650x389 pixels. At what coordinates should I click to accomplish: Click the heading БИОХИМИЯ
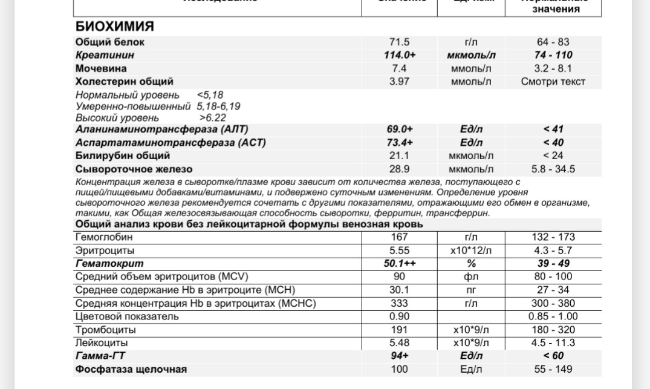114,27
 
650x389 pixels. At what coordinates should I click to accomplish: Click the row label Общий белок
110,42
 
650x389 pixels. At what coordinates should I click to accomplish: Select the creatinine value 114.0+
399,55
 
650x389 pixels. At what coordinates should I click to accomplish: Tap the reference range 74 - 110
553,55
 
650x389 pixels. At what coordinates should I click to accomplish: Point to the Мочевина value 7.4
399,68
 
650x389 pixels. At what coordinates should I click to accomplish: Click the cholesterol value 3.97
399,81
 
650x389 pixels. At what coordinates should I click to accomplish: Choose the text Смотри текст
553,81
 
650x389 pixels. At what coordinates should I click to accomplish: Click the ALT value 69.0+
399,129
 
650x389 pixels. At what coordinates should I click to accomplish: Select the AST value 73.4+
399,143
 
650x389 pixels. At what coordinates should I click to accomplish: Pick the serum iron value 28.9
399,169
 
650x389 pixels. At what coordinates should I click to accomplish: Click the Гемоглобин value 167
399,237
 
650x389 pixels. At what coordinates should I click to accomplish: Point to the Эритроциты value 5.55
399,250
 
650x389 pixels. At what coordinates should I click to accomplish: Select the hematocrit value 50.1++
399,264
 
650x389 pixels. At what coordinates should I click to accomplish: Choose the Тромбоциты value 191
399,330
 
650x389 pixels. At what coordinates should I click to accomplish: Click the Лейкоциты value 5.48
399,342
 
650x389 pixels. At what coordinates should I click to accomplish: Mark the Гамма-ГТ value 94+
399,356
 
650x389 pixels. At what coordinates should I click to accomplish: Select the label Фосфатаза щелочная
131,369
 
